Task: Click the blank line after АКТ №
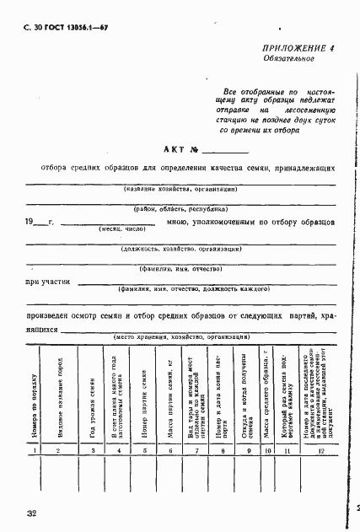click(x=224, y=151)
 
